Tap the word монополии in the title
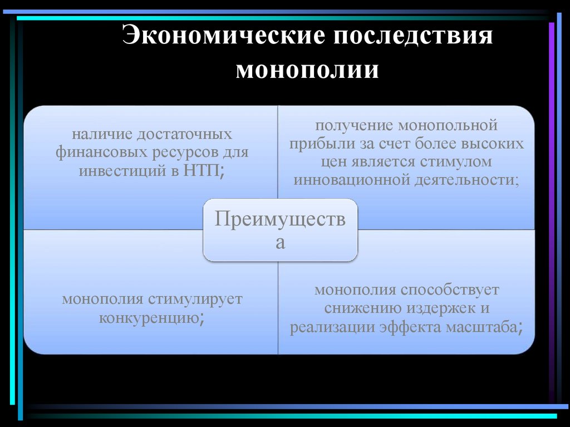307,71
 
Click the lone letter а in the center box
280,243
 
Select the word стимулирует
195,299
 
